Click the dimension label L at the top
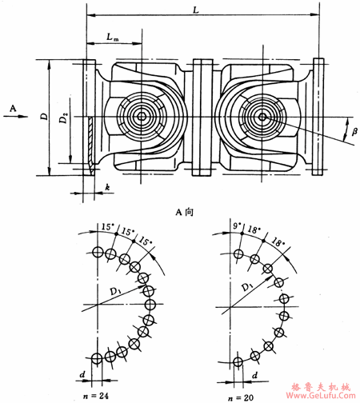[196, 10]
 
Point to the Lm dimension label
[113, 37]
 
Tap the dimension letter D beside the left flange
[45, 117]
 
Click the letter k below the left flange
[107, 187]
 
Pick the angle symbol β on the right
[354, 131]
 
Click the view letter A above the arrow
[13, 109]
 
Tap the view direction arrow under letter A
[15, 116]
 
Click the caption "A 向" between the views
[184, 212]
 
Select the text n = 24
[96, 396]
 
